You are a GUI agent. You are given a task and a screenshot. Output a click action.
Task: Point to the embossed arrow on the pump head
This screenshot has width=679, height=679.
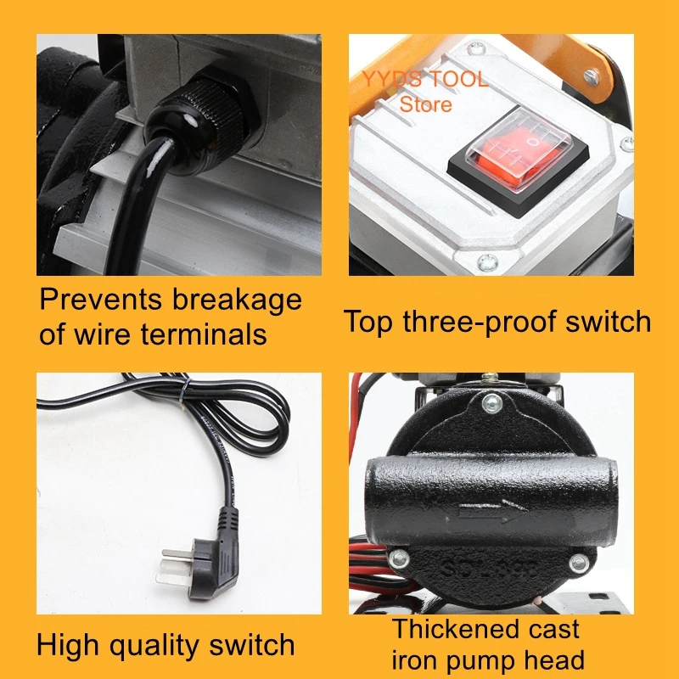click(x=492, y=514)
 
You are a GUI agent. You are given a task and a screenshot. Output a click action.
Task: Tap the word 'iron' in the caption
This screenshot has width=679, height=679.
click(x=413, y=659)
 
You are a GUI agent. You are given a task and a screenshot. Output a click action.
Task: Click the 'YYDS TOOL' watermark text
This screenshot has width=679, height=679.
click(x=424, y=81)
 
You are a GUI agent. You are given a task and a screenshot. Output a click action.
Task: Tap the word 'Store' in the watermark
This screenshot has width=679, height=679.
click(x=425, y=105)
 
